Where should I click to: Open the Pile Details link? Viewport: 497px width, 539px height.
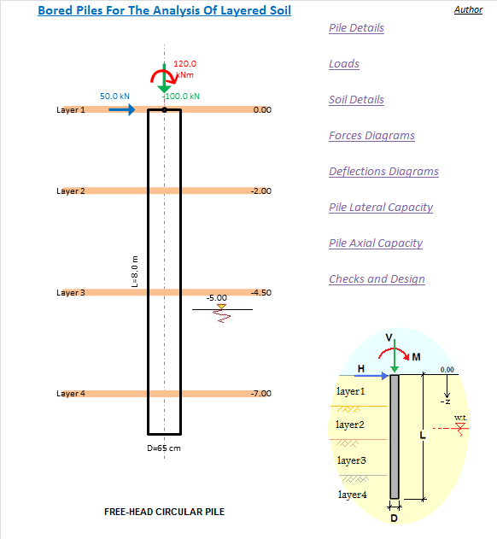(x=356, y=28)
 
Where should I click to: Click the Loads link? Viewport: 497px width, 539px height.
(x=344, y=63)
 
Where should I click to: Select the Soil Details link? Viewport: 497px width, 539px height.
(x=356, y=100)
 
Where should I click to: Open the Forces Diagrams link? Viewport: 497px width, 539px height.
(x=371, y=136)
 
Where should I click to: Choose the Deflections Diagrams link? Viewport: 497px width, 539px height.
(x=384, y=171)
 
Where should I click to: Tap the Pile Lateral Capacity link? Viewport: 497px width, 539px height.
(x=381, y=208)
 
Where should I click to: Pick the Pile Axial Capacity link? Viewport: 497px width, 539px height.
(x=376, y=243)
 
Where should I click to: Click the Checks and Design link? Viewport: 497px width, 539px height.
(x=377, y=278)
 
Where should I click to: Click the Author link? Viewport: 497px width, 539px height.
(x=469, y=9)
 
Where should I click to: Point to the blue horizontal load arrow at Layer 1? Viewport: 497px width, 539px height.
(x=122, y=109)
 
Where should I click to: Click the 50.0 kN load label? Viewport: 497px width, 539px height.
(x=114, y=97)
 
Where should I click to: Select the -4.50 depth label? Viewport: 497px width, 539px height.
(x=261, y=292)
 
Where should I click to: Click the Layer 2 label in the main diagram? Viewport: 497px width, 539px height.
(x=71, y=191)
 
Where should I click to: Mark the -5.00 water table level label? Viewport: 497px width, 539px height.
(x=217, y=297)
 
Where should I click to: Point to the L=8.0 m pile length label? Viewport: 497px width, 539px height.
(x=135, y=272)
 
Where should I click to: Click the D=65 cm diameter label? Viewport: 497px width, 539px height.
(x=164, y=448)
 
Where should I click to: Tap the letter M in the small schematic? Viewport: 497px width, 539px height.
(x=416, y=357)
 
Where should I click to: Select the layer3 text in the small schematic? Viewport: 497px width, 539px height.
(x=352, y=460)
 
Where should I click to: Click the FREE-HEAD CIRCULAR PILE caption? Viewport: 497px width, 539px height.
(x=164, y=512)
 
